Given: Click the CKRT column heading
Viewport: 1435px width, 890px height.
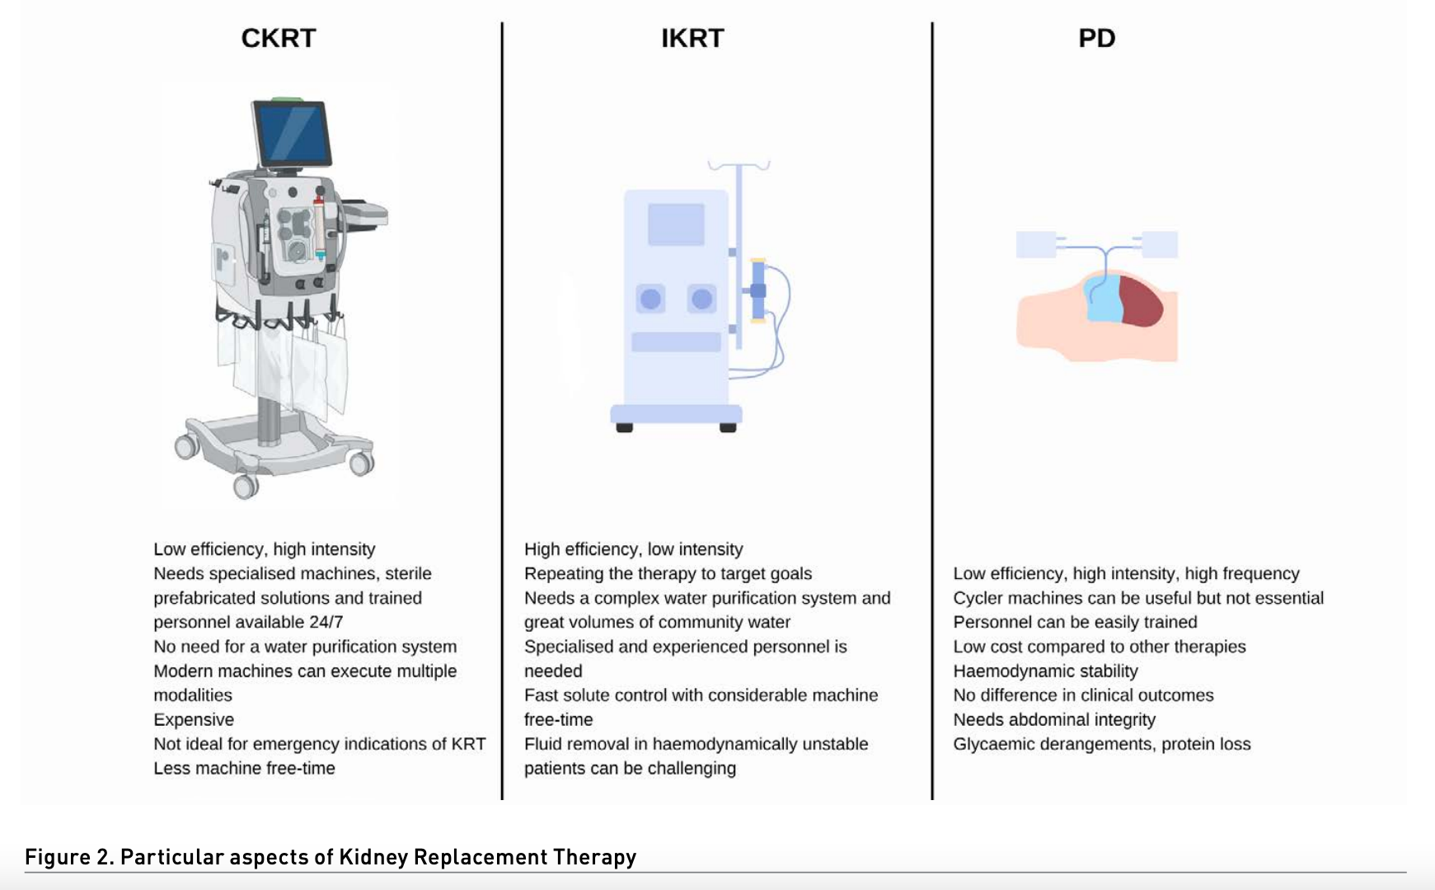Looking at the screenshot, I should tap(278, 38).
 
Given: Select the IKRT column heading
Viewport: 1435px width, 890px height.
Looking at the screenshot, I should tap(692, 38).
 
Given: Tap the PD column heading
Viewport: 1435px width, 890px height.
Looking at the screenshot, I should tap(1096, 38).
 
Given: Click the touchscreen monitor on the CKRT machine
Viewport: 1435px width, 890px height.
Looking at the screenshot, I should tap(292, 134).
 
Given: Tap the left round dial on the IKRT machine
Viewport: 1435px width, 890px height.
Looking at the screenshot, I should tap(650, 299).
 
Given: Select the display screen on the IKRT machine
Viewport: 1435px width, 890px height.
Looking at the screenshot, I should tap(676, 224).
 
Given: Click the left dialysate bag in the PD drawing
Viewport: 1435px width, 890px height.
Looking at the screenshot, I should tap(1035, 245).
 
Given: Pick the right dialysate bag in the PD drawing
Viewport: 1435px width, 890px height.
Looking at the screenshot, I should tap(1158, 245).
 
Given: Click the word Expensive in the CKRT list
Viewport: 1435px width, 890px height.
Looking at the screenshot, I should tap(194, 719).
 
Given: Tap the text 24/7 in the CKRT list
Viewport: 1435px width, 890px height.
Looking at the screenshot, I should tap(327, 622).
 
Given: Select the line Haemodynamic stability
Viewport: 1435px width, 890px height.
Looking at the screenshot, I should tap(1045, 671).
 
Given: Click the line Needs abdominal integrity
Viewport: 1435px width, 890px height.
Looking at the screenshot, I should tap(1054, 719).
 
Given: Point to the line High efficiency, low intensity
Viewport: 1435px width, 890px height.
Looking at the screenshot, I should tap(633, 549).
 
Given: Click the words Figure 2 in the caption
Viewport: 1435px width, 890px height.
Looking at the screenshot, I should tap(69, 857).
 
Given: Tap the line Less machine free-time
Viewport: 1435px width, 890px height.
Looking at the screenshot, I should tap(244, 768).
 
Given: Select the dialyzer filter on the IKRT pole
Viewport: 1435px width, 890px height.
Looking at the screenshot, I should tap(757, 290).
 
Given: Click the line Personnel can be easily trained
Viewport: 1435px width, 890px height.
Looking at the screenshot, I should tap(1075, 622).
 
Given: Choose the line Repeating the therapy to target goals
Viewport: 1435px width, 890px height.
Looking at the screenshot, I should tap(668, 573).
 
